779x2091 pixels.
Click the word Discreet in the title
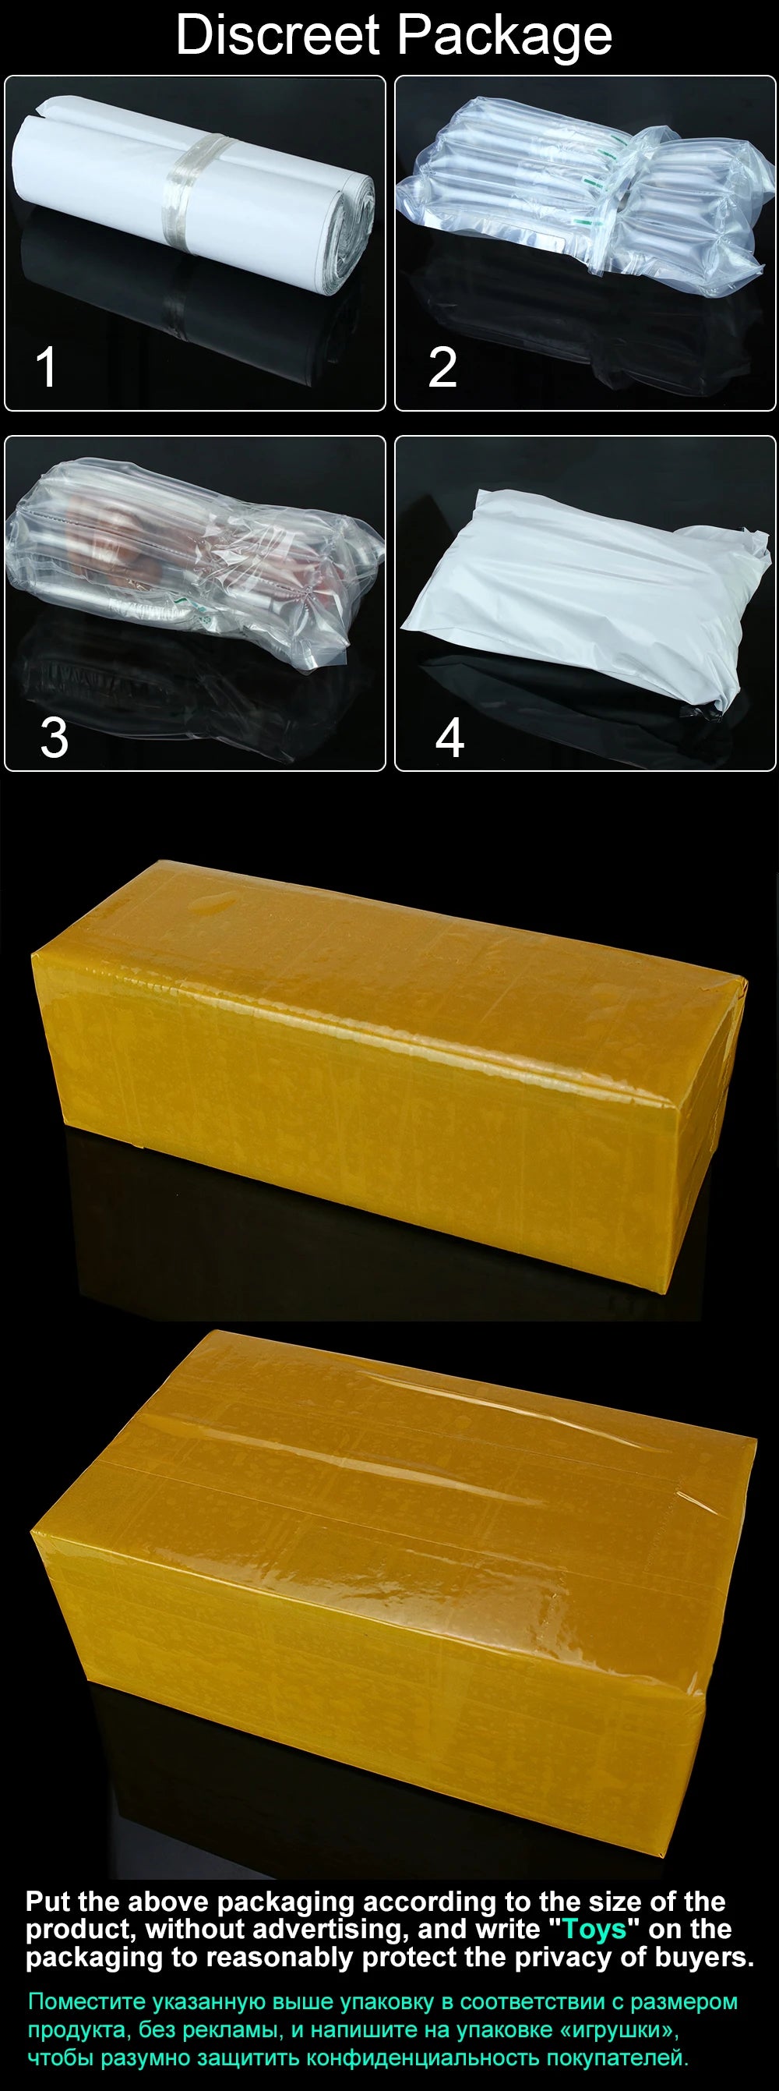pyautogui.click(x=277, y=35)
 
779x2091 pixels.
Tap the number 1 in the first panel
pyautogui.click(x=46, y=367)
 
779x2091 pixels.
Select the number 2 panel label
pyautogui.click(x=442, y=367)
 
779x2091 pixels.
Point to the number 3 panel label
pyautogui.click(x=55, y=737)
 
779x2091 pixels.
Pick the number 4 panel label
pyautogui.click(x=449, y=737)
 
